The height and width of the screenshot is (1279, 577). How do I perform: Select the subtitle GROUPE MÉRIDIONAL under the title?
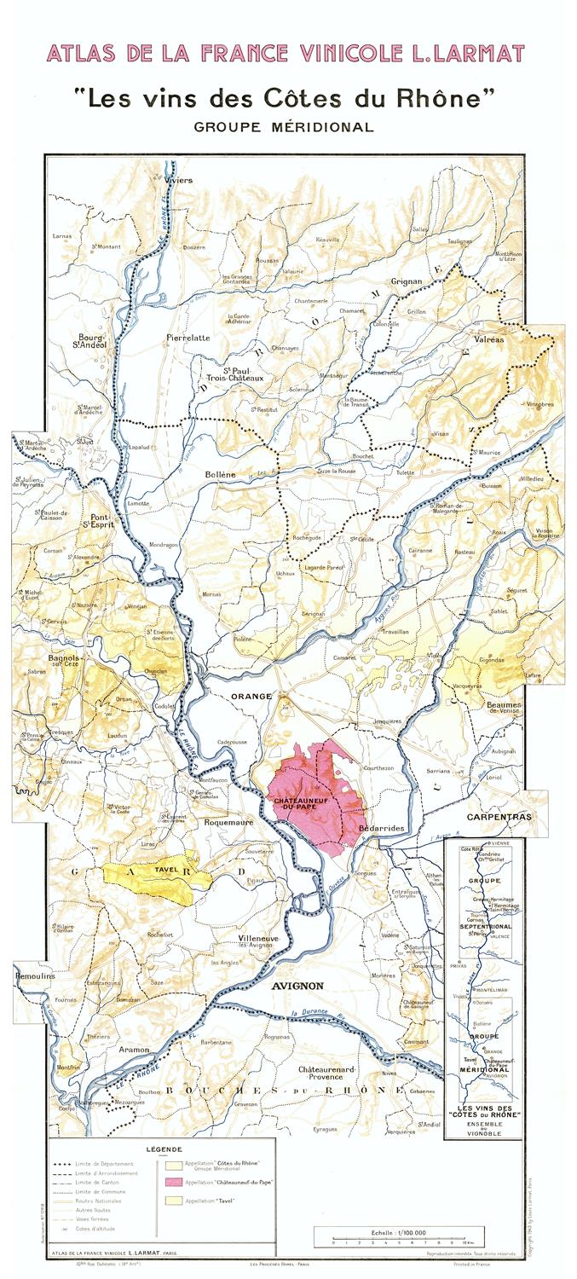pyautogui.click(x=283, y=127)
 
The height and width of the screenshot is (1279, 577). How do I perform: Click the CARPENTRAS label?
pyautogui.click(x=499, y=816)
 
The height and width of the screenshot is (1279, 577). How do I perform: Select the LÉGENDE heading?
pyautogui.click(x=164, y=1149)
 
